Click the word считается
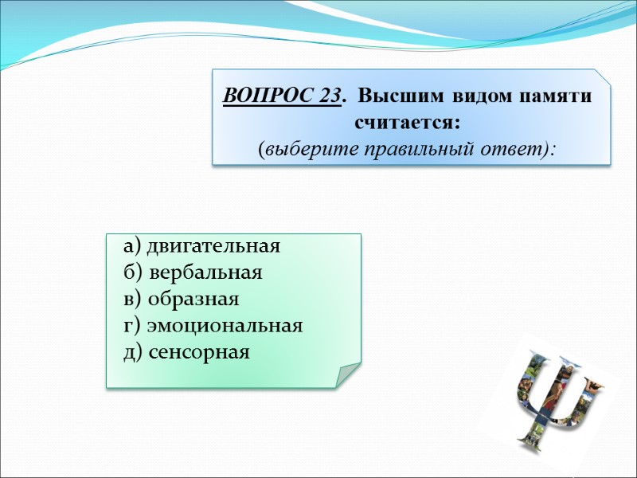(x=405, y=123)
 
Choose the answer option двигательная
(x=213, y=245)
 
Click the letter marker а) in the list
(x=132, y=245)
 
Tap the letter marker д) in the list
(x=133, y=352)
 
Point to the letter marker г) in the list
(x=132, y=326)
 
